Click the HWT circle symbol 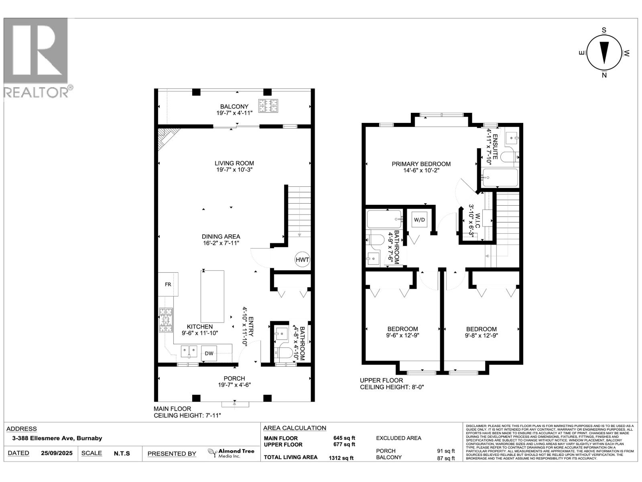[302, 259]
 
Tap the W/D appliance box [419, 220]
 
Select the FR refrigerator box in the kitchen [168, 284]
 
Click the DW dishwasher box [209, 353]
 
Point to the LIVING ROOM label [234, 163]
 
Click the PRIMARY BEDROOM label [421, 164]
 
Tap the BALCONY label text [234, 106]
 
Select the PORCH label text [234, 378]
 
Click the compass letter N [604, 75]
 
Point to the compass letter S [604, 30]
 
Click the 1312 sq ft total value [341, 457]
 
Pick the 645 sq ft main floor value [344, 438]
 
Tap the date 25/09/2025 [57, 453]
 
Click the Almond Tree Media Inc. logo [231, 453]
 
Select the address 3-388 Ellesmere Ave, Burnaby [54, 438]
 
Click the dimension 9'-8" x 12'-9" [481, 335]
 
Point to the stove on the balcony [268, 106]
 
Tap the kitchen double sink [189, 351]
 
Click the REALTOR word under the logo [36, 92]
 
